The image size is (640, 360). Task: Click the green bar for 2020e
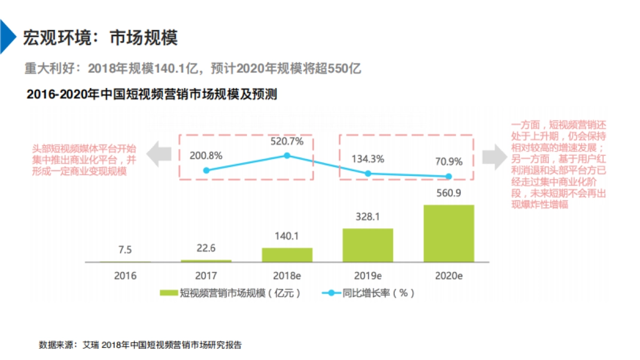tap(449, 233)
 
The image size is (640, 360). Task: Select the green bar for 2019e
tap(367, 245)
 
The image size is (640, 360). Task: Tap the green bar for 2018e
tap(287, 254)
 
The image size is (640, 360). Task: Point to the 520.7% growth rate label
tap(287, 142)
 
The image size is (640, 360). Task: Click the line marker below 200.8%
tap(206, 170)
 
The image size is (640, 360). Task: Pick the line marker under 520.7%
tap(287, 156)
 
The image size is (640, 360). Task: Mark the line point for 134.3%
tap(367, 173)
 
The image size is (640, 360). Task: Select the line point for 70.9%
tap(449, 177)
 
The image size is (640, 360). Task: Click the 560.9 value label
tap(449, 193)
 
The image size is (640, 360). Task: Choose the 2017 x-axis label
tap(206, 276)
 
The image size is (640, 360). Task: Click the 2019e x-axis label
tap(367, 276)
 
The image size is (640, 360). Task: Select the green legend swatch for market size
tap(168, 293)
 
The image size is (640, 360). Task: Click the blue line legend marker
tap(331, 293)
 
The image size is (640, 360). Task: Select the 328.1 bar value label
tap(367, 217)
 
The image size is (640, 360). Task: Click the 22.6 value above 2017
tap(206, 248)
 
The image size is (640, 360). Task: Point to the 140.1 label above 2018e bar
tap(287, 237)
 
